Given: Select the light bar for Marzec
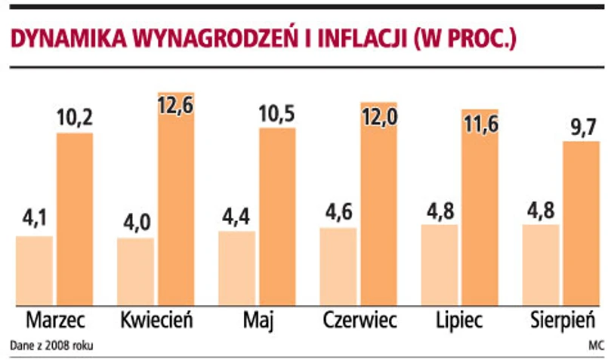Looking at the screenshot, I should click(x=34, y=270).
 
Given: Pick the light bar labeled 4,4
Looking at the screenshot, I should click(x=236, y=268).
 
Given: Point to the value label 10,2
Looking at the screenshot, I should click(x=75, y=118).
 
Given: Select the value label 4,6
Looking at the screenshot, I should click(x=338, y=211).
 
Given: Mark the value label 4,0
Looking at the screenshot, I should click(x=135, y=223).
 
